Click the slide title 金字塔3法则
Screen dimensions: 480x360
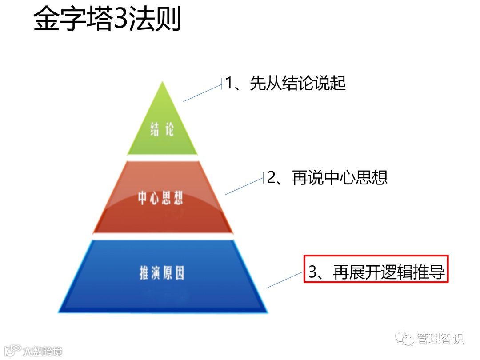(x=107, y=20)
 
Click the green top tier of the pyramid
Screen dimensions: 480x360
(x=162, y=124)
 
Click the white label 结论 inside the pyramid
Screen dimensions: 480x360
(x=162, y=130)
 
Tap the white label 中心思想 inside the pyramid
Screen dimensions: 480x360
(x=160, y=198)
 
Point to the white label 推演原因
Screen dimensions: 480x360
(x=161, y=273)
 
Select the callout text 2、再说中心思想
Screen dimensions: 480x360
(x=327, y=177)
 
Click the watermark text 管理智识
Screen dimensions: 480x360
(x=440, y=339)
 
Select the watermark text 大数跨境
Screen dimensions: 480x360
(x=43, y=351)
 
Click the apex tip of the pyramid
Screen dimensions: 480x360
(x=163, y=83)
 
